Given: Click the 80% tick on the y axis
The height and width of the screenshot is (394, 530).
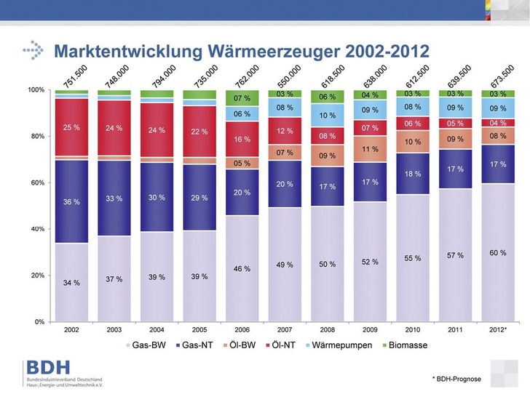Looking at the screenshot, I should pyautogui.click(x=36, y=136).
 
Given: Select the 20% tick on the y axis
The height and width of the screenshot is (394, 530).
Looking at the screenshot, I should pyautogui.click(x=36, y=276).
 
